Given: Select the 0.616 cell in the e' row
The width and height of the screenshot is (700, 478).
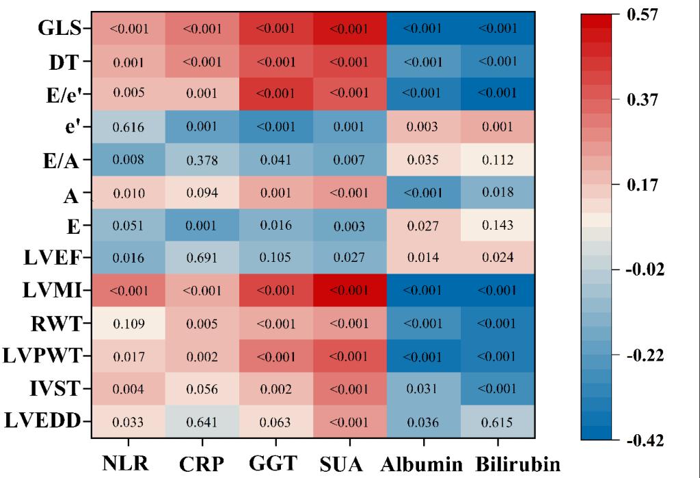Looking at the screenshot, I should click(128, 127).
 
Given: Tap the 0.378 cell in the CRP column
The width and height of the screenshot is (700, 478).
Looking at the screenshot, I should click(202, 160).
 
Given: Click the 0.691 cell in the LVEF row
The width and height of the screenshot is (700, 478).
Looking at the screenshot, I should click(202, 258).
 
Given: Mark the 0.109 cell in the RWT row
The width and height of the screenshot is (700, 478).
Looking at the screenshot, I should click(128, 323).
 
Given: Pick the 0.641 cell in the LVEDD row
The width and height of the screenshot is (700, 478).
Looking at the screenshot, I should click(202, 421).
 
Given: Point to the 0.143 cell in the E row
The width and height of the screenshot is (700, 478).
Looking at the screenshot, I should click(498, 226).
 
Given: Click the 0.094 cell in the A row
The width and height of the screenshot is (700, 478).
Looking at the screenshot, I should click(202, 193).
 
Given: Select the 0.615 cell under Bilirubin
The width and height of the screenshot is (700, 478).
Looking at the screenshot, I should click(498, 421).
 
